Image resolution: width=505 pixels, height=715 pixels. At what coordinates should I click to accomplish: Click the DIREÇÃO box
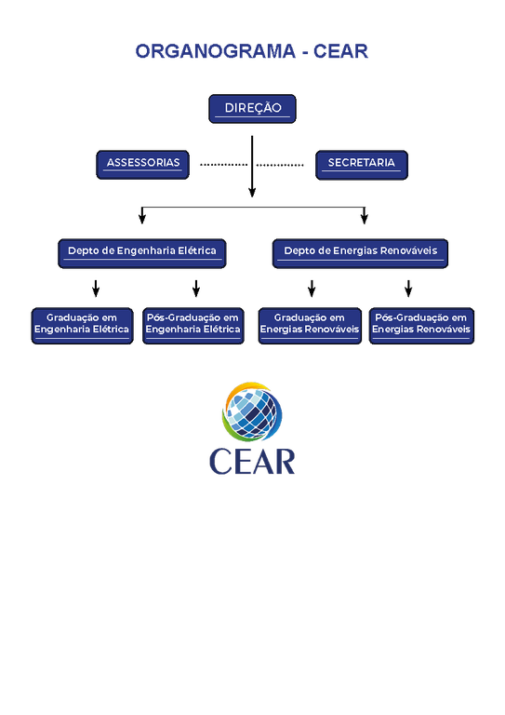click(252, 109)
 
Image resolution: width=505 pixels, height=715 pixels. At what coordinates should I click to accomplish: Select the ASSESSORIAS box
click(142, 165)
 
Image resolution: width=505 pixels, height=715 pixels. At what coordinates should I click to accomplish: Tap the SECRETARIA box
click(362, 165)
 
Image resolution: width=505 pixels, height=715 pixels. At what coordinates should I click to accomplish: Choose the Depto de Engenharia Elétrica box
click(142, 253)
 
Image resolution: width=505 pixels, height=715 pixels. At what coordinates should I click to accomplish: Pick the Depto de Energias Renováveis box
click(360, 253)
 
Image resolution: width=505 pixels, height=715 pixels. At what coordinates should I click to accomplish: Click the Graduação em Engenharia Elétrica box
click(83, 326)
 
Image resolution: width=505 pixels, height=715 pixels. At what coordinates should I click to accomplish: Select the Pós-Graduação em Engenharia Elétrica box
click(193, 326)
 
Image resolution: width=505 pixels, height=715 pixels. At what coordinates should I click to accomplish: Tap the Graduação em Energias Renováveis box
click(310, 326)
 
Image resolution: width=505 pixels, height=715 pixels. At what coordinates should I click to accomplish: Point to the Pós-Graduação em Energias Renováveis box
click(421, 326)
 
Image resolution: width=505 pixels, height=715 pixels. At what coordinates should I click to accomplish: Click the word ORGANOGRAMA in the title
click(216, 51)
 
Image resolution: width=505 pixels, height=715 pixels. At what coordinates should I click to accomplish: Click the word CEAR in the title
click(340, 51)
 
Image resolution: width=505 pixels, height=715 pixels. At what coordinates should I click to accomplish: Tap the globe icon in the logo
click(252, 411)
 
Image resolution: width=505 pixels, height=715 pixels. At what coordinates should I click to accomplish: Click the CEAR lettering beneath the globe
click(252, 462)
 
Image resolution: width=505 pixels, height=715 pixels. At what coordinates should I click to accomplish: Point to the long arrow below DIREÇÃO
click(252, 167)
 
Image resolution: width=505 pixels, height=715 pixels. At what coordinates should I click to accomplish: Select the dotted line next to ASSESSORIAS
click(223, 165)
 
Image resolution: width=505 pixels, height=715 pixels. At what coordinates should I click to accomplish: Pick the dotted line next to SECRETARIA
click(280, 165)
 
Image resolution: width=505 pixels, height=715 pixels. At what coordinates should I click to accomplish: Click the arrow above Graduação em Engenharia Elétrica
click(96, 289)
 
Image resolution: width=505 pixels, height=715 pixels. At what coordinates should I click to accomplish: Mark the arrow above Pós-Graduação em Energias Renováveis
click(408, 289)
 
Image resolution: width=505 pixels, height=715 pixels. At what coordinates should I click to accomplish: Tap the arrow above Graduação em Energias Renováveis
click(312, 289)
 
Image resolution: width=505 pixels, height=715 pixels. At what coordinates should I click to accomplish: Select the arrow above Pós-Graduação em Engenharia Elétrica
click(196, 289)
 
